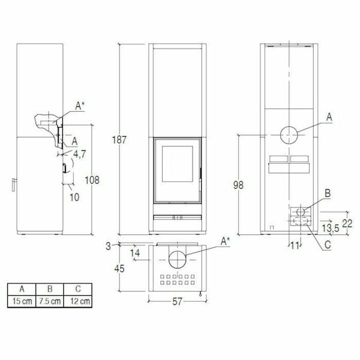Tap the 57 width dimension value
tap(176, 302)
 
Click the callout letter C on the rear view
tap(328, 245)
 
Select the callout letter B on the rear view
tap(328, 193)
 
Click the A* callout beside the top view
tap(226, 241)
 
